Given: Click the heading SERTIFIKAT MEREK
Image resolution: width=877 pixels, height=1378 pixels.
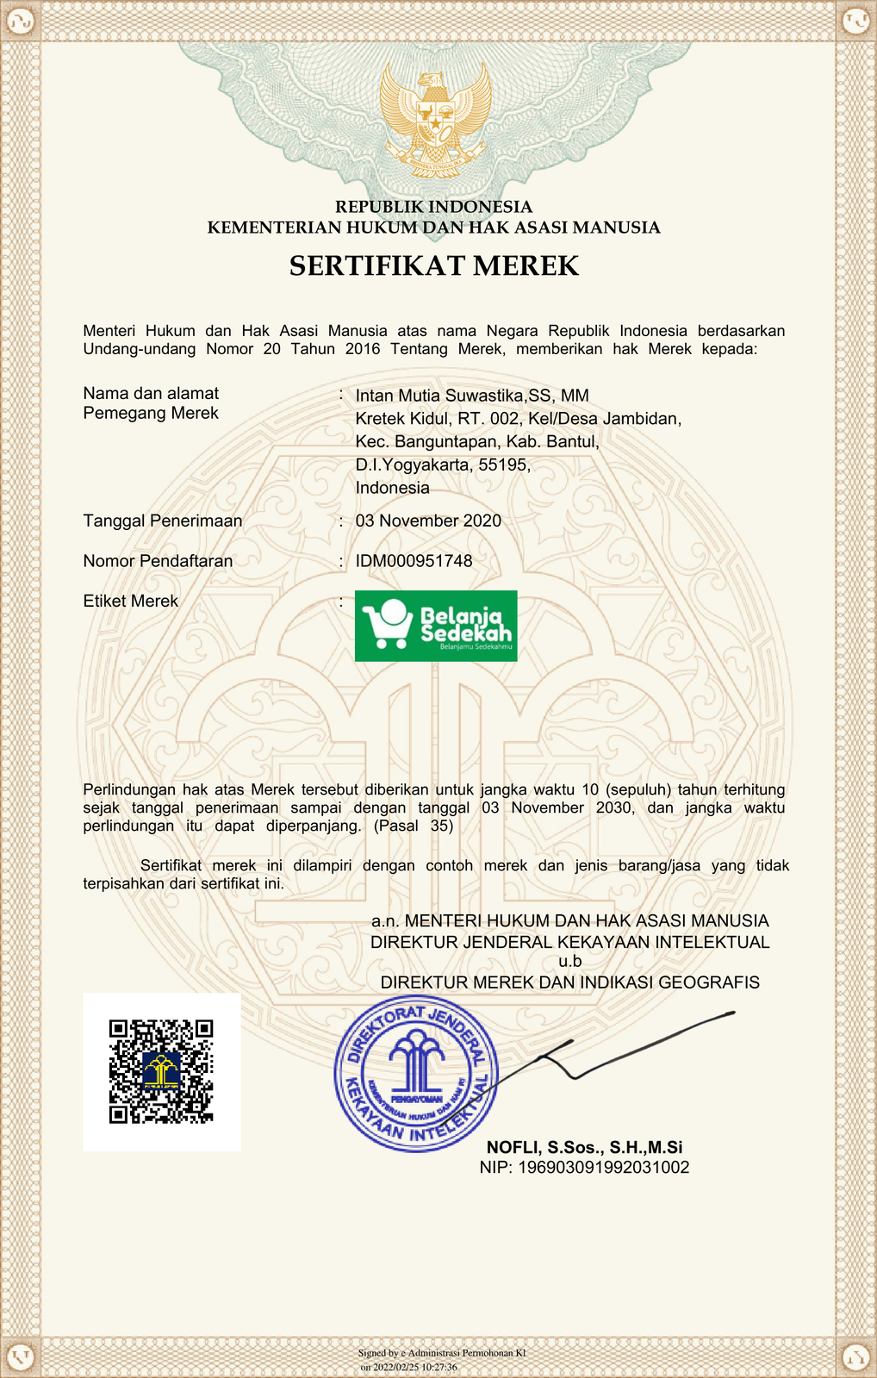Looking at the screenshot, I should (x=434, y=265).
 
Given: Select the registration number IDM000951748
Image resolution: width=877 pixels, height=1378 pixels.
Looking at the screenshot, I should (x=414, y=561).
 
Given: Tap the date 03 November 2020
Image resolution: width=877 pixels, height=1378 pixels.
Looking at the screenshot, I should (x=428, y=521).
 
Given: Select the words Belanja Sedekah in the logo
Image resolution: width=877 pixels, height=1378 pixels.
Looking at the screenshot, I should (x=464, y=625).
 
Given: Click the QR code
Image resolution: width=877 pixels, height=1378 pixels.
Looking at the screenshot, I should (x=161, y=1071).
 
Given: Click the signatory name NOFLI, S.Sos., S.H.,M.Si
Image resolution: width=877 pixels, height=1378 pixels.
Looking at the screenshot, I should (x=584, y=1147).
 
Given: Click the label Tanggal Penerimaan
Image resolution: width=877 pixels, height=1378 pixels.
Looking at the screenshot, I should (x=163, y=521).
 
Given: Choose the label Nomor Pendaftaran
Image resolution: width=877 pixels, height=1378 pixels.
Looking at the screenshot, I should (x=158, y=561).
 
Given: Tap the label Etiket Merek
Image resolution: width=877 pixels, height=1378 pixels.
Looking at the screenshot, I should (x=131, y=601).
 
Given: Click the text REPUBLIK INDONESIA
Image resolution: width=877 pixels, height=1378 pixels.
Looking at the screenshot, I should (x=433, y=207).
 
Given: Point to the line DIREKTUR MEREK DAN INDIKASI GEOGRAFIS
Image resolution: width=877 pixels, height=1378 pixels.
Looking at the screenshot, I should (x=569, y=982).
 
